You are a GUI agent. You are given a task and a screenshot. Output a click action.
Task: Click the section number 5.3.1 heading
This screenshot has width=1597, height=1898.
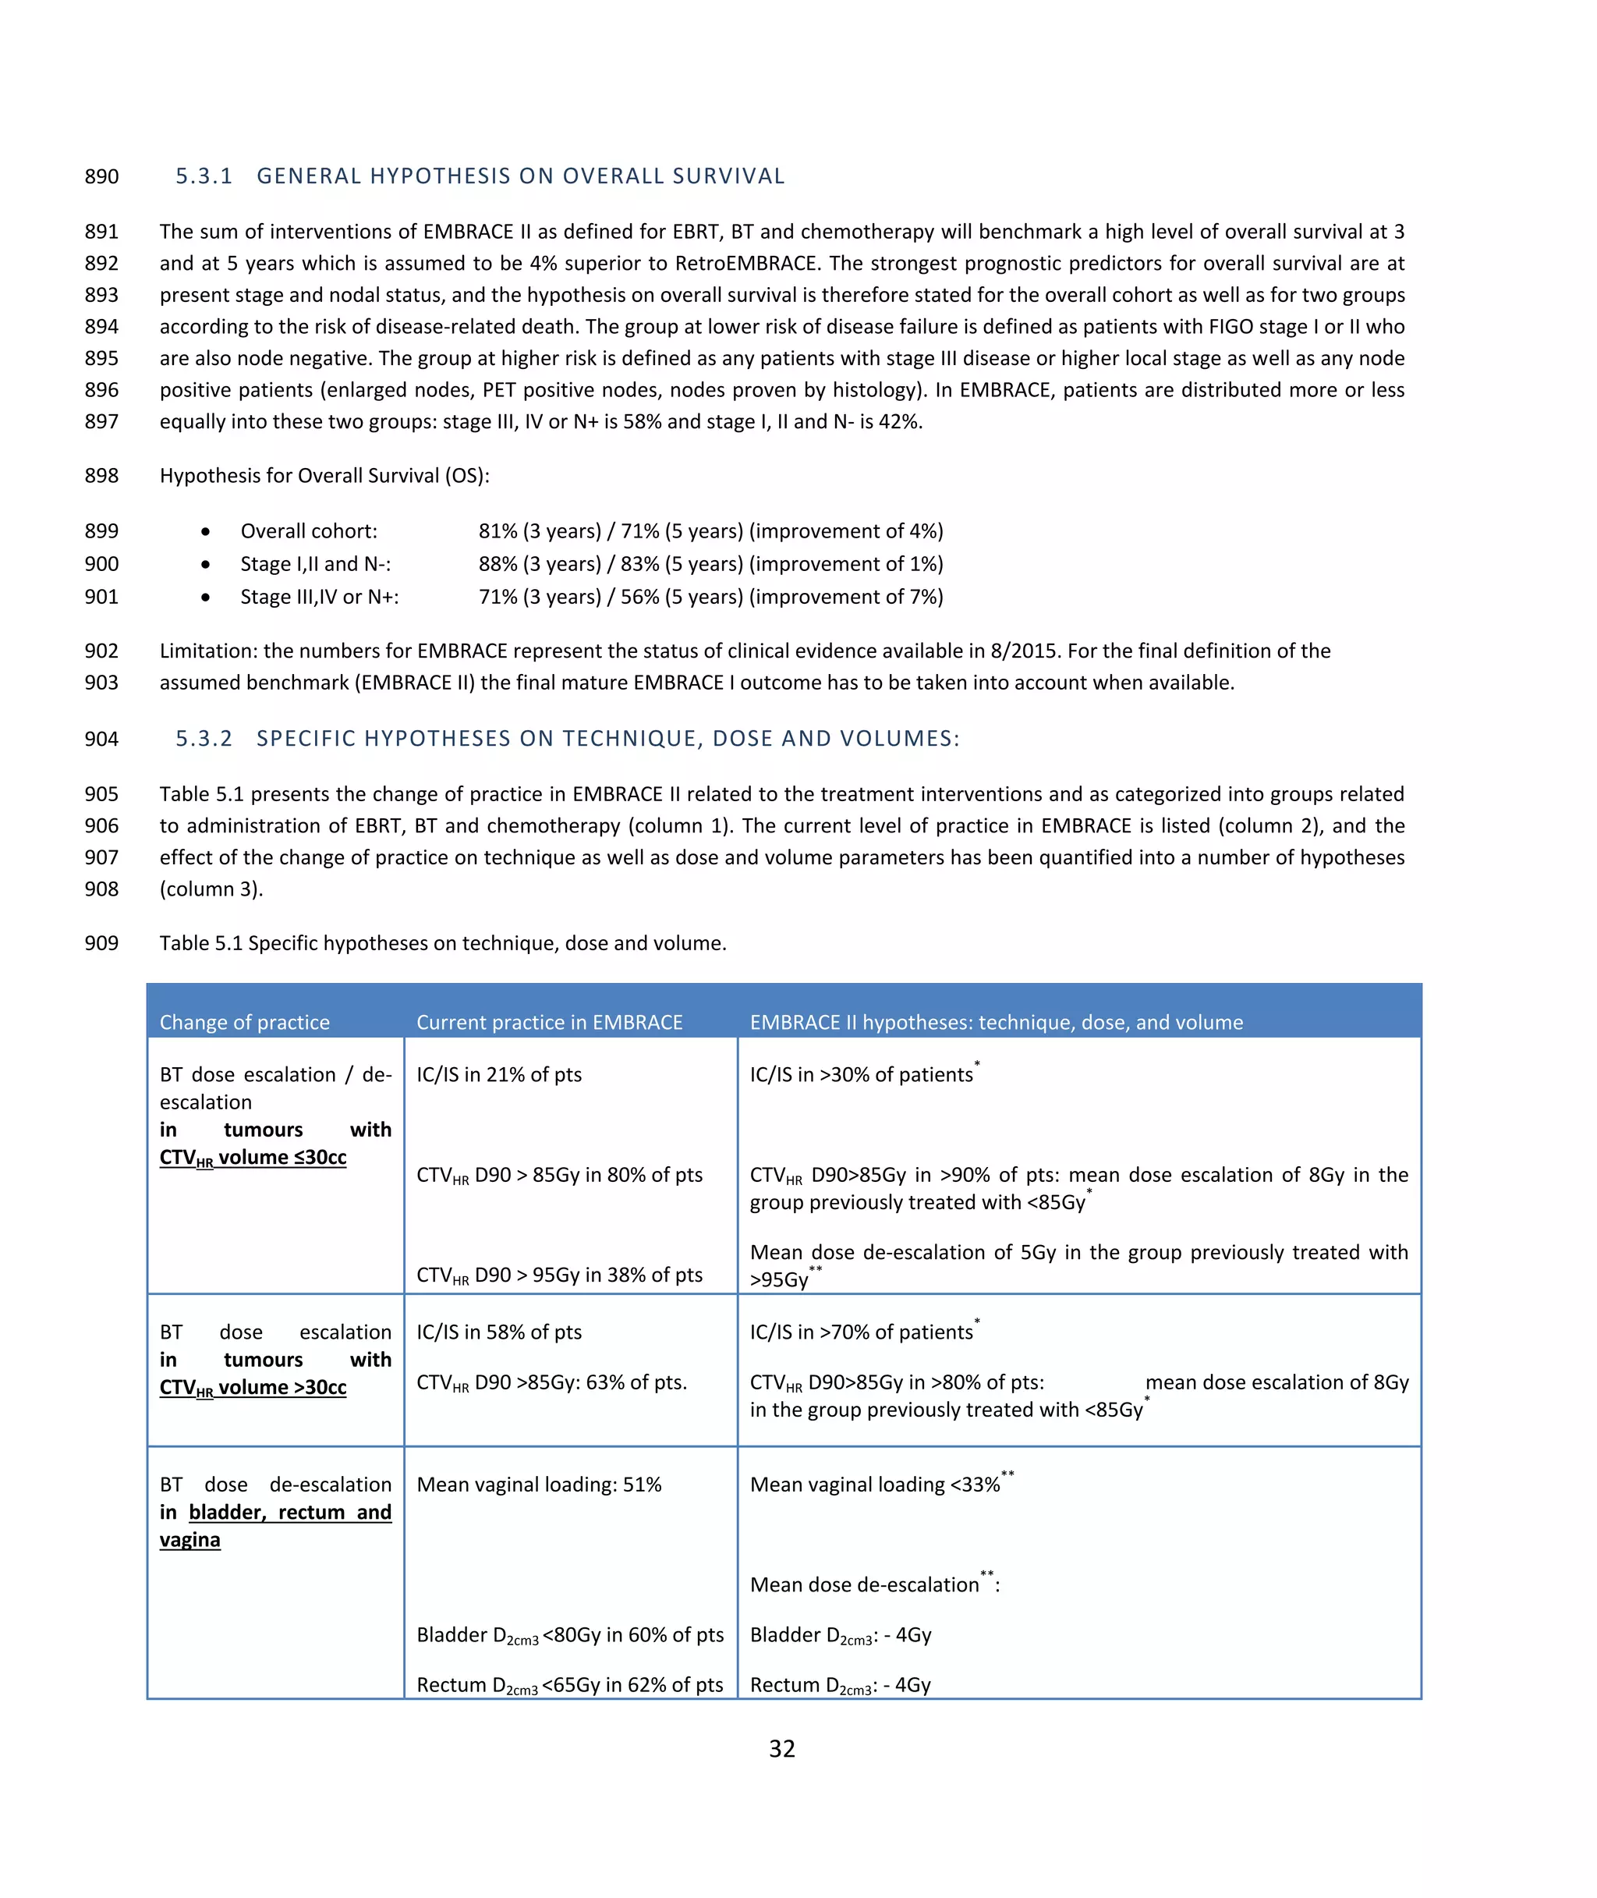204,176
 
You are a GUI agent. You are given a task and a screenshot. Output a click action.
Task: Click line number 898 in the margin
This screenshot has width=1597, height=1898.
101,477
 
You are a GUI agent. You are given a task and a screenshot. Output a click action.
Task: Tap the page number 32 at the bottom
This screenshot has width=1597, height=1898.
781,1747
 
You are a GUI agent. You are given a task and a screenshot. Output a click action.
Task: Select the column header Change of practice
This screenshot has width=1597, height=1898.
244,1023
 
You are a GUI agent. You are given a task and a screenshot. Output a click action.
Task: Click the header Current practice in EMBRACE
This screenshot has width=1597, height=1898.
549,1023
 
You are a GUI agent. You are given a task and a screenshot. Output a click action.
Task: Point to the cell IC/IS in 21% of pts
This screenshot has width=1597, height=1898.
499,1075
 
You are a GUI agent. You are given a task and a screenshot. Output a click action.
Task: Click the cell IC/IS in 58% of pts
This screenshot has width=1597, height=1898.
499,1332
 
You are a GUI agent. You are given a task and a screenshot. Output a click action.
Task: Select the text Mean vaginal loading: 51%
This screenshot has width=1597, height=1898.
539,1485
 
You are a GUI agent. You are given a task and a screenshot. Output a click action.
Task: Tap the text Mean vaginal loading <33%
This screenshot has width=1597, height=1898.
875,1485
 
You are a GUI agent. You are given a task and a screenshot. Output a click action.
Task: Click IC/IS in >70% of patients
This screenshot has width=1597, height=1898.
861,1332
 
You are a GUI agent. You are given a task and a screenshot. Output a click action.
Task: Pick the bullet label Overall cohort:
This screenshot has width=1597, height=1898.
309,531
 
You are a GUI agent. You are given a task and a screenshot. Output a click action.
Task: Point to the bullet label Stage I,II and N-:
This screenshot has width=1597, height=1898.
315,564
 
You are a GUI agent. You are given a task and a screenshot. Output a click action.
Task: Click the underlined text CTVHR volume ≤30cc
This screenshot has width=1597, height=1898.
253,1158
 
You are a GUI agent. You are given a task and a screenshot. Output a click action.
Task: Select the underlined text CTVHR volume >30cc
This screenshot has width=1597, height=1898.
253,1388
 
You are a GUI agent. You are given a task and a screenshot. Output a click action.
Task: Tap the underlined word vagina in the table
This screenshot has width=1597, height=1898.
189,1540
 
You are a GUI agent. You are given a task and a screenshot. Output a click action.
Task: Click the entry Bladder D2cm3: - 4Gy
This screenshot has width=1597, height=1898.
840,1635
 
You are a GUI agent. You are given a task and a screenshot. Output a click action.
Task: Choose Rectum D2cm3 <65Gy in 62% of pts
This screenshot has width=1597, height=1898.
569,1685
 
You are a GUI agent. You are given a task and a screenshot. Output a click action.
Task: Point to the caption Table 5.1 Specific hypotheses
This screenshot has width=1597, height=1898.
443,944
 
